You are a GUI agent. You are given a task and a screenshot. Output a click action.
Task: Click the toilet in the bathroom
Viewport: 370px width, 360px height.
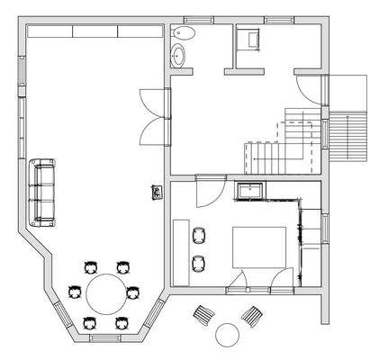(184, 33)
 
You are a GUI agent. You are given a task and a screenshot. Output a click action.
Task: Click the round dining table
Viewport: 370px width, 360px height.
(108, 293)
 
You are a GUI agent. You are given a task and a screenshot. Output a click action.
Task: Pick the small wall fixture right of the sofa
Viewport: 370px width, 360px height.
(157, 192)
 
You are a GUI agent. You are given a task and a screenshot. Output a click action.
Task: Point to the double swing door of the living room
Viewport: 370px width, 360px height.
(154, 114)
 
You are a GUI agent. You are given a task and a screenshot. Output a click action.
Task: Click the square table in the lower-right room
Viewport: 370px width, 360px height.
(261, 246)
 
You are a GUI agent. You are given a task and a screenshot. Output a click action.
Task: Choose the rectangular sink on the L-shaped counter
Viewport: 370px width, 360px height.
(250, 190)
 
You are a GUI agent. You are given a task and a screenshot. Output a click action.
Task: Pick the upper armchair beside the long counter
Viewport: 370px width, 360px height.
(199, 236)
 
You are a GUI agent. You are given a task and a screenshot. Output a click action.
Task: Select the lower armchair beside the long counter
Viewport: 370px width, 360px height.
(199, 263)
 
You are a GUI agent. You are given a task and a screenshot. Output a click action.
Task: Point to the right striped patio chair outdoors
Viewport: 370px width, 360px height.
(252, 315)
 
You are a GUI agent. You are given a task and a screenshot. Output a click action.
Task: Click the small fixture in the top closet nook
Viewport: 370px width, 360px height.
(248, 38)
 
